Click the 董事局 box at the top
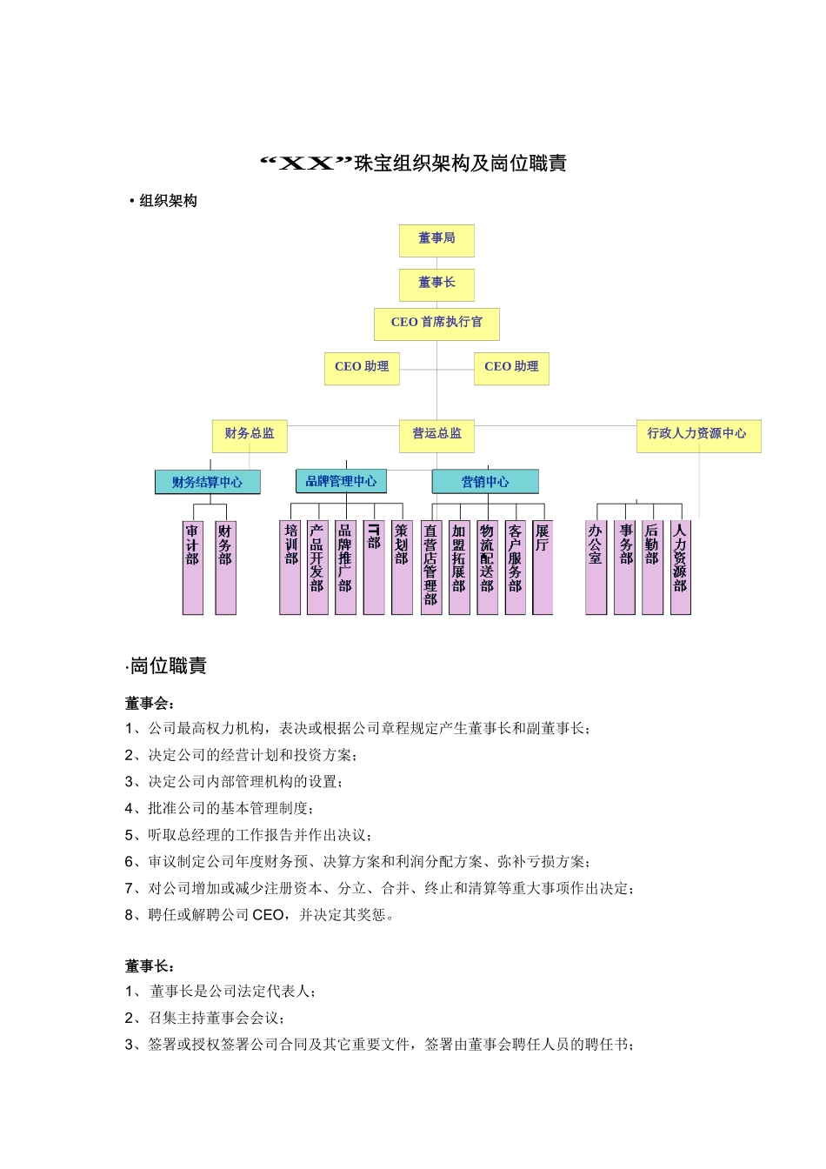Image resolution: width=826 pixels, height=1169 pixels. [436, 240]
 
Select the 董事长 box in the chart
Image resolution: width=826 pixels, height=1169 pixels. [436, 284]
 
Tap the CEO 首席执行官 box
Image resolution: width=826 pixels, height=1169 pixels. [436, 324]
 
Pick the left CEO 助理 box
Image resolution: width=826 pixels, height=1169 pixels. [362, 368]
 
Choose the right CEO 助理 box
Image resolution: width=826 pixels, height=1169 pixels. [511, 368]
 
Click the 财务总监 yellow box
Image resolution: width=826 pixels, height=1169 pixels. [250, 435]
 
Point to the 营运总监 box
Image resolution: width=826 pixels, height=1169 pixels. [436, 435]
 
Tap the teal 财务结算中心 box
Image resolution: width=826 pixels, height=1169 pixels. [208, 483]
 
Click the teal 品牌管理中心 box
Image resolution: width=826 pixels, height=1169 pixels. [341, 482]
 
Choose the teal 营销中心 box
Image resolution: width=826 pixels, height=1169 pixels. [485, 483]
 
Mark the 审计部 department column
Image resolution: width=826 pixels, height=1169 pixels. [192, 567]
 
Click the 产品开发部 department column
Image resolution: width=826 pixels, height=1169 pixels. [317, 567]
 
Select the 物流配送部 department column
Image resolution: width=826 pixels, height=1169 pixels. [487, 567]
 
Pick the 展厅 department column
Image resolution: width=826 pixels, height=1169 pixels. [542, 567]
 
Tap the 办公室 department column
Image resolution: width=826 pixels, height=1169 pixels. [596, 567]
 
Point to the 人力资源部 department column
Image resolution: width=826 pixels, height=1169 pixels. [680, 567]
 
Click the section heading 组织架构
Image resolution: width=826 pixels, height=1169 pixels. [168, 201]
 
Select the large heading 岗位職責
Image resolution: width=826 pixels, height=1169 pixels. [168, 666]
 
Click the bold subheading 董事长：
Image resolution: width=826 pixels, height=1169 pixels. [150, 966]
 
